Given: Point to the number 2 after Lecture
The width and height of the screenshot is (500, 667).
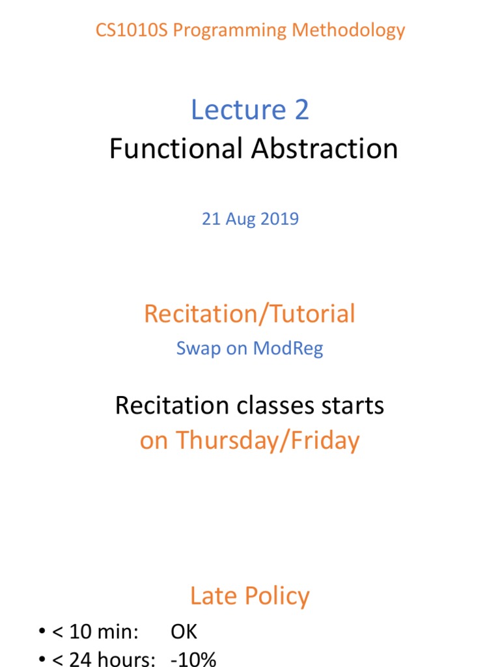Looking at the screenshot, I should tap(301, 110).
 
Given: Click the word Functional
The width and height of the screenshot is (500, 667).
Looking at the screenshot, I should tap(176, 149).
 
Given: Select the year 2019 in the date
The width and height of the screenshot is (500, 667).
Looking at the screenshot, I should tap(280, 219).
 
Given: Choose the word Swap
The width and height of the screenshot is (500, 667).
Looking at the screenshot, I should tap(194, 348).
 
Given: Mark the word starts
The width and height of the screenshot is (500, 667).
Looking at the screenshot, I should tap(352, 406).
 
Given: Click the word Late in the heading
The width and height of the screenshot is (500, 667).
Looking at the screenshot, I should tap(212, 596).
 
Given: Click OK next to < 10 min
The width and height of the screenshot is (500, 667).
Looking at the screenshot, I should tap(184, 632).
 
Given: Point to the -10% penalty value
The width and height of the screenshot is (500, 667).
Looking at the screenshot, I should tap(193, 659).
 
